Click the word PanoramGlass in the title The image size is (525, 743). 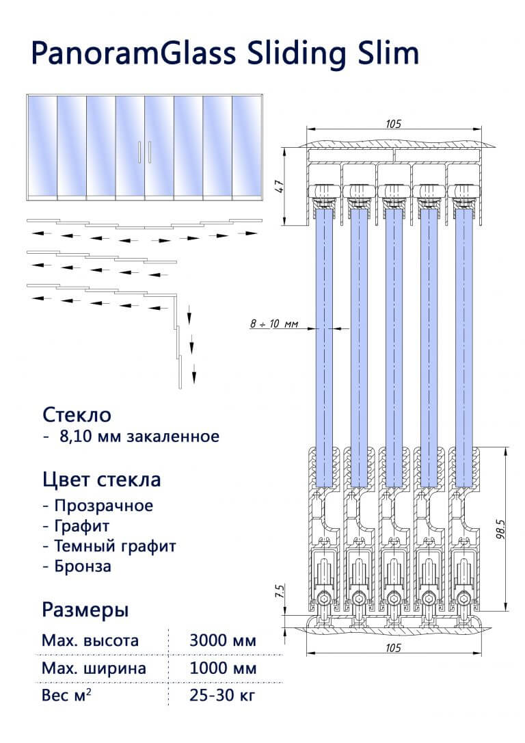coord(129,52)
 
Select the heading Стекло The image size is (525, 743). coord(77,415)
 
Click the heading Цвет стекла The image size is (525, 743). coord(102,480)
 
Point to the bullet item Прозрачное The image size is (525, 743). coord(101,506)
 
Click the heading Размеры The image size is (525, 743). coord(85,609)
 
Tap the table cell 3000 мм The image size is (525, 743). coord(223,641)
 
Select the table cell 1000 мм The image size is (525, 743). coord(223,668)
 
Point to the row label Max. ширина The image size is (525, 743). coord(94,668)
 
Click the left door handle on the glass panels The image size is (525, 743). coord(140,152)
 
